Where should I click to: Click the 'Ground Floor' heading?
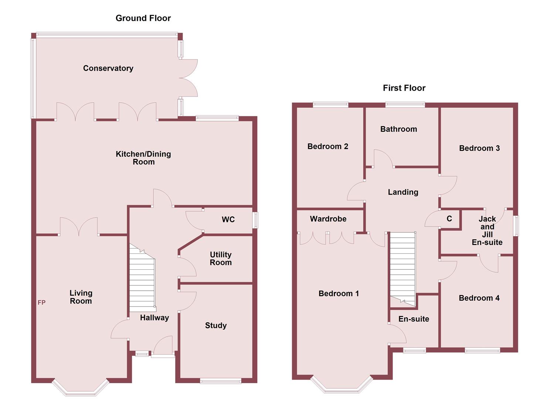tap(143, 18)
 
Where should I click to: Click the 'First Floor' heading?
tap(404, 88)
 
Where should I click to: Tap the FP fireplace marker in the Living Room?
tap(41, 303)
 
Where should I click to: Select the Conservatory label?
tap(108, 68)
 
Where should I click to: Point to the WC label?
tap(228, 219)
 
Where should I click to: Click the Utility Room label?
tap(221, 259)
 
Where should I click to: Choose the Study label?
tap(216, 325)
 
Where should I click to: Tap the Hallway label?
tap(154, 318)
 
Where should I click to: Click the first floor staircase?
tap(403, 266)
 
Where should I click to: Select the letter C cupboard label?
tap(449, 219)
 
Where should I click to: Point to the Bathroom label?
tap(399, 129)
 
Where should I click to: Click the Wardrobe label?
tap(328, 219)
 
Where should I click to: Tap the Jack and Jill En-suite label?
tap(487, 231)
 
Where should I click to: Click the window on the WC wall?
tap(255, 220)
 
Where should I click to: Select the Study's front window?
tap(220, 381)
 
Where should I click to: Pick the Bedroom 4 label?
tap(479, 298)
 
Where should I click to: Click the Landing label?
tap(403, 192)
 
